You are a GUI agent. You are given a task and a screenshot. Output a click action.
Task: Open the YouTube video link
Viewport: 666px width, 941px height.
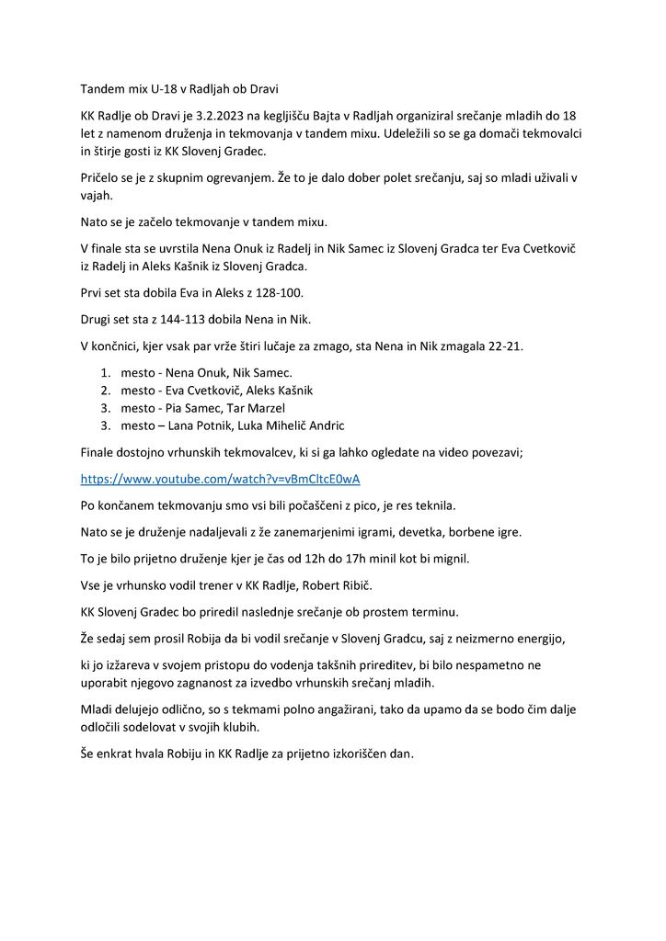click(220, 480)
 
